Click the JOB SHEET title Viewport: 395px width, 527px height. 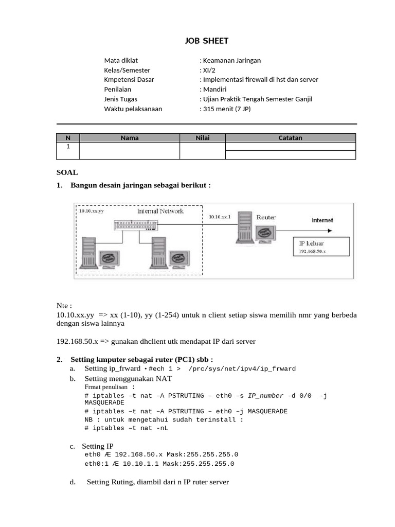[206, 41]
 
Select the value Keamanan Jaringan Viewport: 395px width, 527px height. [231, 60]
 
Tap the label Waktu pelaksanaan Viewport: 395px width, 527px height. [133, 109]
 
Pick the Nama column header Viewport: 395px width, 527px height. [130, 137]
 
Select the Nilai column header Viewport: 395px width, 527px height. [203, 137]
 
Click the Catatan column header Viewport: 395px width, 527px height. [290, 137]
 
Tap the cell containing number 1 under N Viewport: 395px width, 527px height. [68, 146]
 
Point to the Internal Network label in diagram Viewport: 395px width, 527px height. [160, 212]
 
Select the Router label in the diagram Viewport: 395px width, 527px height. [266, 217]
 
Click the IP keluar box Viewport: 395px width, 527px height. [320, 247]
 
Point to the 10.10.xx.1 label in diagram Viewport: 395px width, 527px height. [220, 217]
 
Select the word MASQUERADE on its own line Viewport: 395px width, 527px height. [104, 403]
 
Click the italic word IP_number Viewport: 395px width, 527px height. [265, 395]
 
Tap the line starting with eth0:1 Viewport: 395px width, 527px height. [159, 464]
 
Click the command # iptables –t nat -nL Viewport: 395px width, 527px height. [126, 428]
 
